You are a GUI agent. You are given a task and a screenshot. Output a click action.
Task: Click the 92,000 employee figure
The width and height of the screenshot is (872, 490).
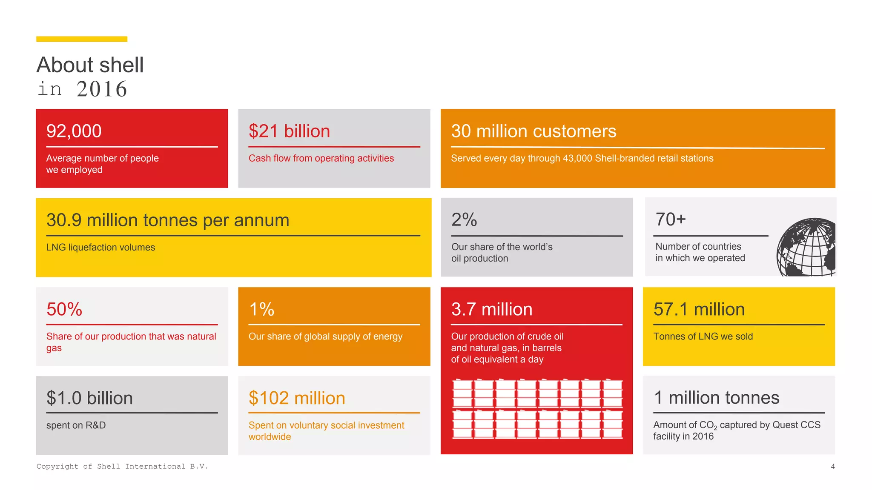coord(74,131)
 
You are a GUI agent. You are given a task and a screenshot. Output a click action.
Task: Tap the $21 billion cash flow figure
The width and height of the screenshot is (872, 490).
coord(289,131)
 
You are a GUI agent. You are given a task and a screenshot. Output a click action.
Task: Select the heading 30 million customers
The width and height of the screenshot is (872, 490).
coord(533,131)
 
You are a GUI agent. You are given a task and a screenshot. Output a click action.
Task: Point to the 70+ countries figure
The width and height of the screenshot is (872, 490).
coord(670,219)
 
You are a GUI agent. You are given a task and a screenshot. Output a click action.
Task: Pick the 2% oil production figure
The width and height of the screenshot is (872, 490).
coord(464,220)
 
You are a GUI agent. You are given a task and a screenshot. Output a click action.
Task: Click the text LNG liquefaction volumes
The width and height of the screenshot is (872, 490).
coord(100,247)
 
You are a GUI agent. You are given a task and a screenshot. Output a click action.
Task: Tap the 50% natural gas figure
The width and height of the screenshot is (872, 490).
coord(64,309)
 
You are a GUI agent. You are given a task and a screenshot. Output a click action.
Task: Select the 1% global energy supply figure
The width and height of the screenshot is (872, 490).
coord(261,309)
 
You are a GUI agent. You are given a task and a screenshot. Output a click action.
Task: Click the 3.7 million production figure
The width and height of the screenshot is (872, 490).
coord(491,309)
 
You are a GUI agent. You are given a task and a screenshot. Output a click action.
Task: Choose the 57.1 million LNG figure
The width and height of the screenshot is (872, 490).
coord(699,309)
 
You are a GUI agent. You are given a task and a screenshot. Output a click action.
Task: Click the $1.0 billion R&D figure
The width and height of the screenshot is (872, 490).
coord(89,398)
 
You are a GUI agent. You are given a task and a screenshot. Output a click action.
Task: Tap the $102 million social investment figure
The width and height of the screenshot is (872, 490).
coord(297,398)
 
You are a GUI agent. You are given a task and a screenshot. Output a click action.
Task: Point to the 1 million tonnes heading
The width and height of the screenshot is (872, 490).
coord(716,398)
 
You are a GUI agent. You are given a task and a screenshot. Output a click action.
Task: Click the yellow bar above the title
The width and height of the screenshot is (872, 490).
coord(82,39)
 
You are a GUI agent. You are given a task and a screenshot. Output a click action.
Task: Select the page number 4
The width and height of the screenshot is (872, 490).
coord(832,467)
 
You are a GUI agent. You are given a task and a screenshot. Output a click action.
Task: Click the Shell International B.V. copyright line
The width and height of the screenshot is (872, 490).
coord(122,467)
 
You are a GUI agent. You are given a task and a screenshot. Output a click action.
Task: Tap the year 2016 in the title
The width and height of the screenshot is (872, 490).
coord(102,89)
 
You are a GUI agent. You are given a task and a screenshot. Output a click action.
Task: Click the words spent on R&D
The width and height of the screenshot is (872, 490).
coord(76,425)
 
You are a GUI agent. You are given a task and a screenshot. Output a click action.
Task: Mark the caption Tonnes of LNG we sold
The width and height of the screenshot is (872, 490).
coord(703,336)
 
